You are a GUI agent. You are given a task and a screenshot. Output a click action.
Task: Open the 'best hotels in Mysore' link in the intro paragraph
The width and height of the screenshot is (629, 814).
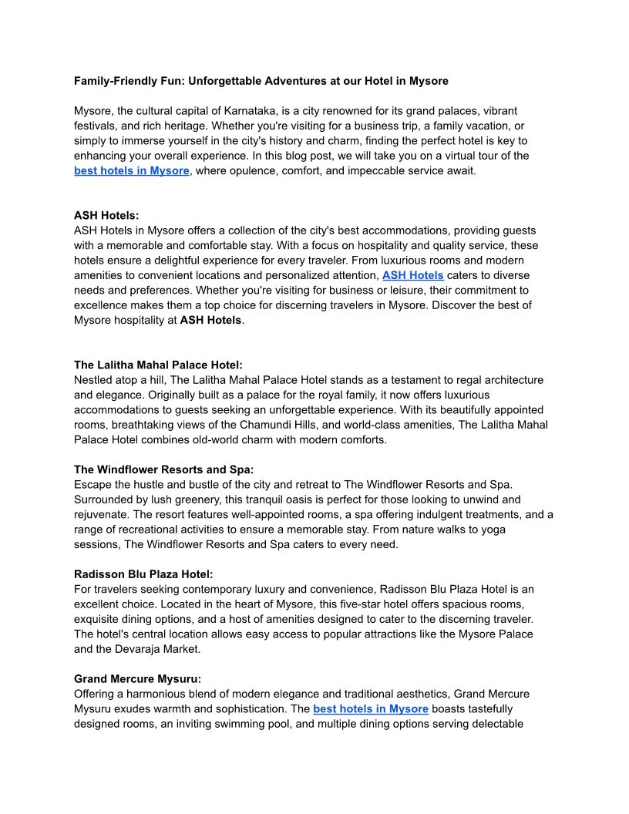point(131,170)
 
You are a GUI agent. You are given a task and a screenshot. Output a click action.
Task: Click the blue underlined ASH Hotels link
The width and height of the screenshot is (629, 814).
point(412,275)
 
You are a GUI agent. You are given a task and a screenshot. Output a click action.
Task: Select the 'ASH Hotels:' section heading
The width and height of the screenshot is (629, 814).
point(106,216)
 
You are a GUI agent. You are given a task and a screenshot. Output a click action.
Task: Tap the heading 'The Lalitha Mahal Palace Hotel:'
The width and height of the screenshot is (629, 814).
point(158,365)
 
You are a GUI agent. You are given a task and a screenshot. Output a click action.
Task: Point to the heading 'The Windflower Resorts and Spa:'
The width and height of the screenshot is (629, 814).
point(163,469)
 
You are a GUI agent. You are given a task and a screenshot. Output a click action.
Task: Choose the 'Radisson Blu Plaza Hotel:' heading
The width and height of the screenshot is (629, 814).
point(143,574)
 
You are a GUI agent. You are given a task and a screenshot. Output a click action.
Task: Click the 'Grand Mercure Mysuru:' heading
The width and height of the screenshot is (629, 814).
point(137,679)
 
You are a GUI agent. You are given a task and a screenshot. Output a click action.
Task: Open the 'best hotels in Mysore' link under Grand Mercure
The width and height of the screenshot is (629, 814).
point(370,708)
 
